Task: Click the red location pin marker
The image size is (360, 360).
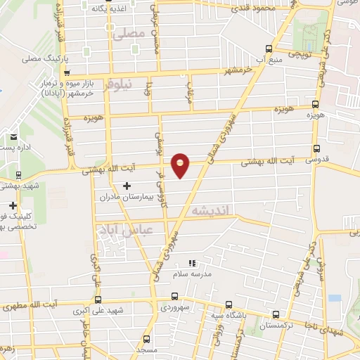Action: click(181, 165)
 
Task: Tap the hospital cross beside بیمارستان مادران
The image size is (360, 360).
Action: click(127, 186)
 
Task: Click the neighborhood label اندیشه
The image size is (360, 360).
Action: click(207, 210)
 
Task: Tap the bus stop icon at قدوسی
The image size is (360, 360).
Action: click(316, 149)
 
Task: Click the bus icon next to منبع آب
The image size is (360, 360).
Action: click(267, 49)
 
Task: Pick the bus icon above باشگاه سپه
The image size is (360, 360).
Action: click(228, 305)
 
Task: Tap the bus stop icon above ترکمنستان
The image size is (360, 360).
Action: click(275, 315)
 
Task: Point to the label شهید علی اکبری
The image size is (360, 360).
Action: click(122, 310)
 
